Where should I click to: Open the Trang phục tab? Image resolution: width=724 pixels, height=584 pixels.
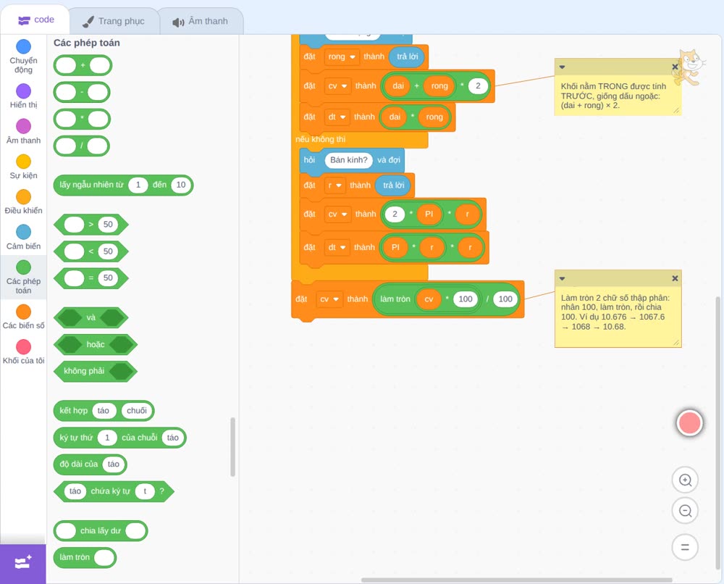[x=114, y=21]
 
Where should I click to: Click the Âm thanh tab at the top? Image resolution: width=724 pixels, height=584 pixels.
[x=201, y=21]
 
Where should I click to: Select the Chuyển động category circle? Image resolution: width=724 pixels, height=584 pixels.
[x=24, y=46]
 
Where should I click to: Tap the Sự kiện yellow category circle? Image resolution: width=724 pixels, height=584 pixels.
[x=24, y=162]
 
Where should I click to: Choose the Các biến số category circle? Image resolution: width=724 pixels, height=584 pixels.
[x=24, y=312]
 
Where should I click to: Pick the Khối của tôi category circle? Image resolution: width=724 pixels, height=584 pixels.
[x=24, y=346]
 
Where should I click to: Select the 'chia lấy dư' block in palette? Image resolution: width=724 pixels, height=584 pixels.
[x=101, y=530]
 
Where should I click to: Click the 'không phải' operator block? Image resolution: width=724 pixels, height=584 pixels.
[x=95, y=371]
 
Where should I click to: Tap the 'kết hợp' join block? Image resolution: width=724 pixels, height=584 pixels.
[x=104, y=411]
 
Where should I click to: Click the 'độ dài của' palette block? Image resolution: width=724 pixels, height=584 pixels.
[x=90, y=464]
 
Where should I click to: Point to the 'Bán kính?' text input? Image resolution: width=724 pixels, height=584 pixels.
[x=349, y=160]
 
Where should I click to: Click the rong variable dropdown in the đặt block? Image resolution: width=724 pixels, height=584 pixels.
[x=341, y=57]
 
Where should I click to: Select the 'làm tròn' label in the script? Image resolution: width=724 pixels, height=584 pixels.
[x=395, y=299]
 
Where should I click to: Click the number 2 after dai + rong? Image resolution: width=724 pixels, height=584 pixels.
[x=478, y=85]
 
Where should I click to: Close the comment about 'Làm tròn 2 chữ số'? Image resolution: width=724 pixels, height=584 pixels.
[x=675, y=278]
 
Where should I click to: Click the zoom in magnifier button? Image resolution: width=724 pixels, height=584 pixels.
[x=685, y=480]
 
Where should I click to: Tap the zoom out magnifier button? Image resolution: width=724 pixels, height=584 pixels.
[x=685, y=511]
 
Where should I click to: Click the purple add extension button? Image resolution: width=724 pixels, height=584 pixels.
[x=23, y=563]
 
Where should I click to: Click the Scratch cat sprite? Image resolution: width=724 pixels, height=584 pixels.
[x=689, y=67]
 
